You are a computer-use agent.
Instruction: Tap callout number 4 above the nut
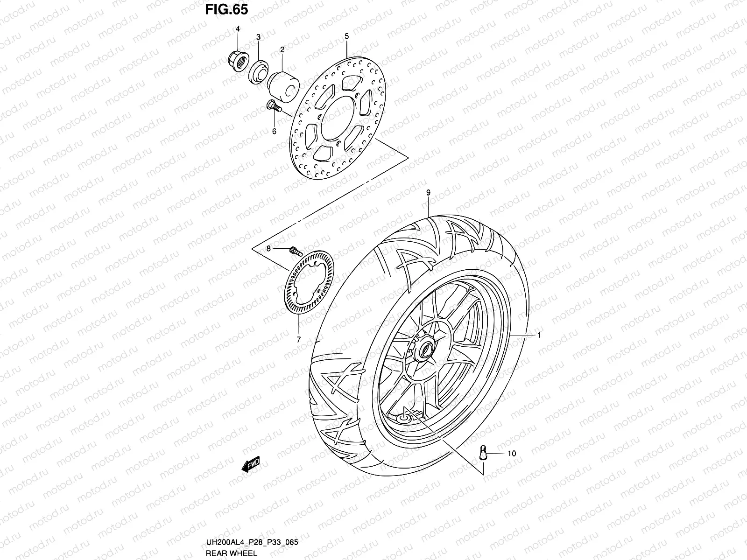pos(237,29)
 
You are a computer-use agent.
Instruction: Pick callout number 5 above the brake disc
pos(347,36)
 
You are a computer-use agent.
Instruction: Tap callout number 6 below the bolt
pos(274,131)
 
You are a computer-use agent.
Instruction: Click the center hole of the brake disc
pos(338,119)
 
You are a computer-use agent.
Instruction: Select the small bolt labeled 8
pos(294,251)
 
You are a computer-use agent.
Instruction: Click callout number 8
pos(268,249)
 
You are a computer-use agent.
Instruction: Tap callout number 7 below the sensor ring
pos(299,339)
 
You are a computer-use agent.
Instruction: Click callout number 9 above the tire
pos(428,192)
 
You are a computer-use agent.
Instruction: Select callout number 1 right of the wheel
pos(539,335)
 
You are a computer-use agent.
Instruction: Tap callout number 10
pos(512,453)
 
